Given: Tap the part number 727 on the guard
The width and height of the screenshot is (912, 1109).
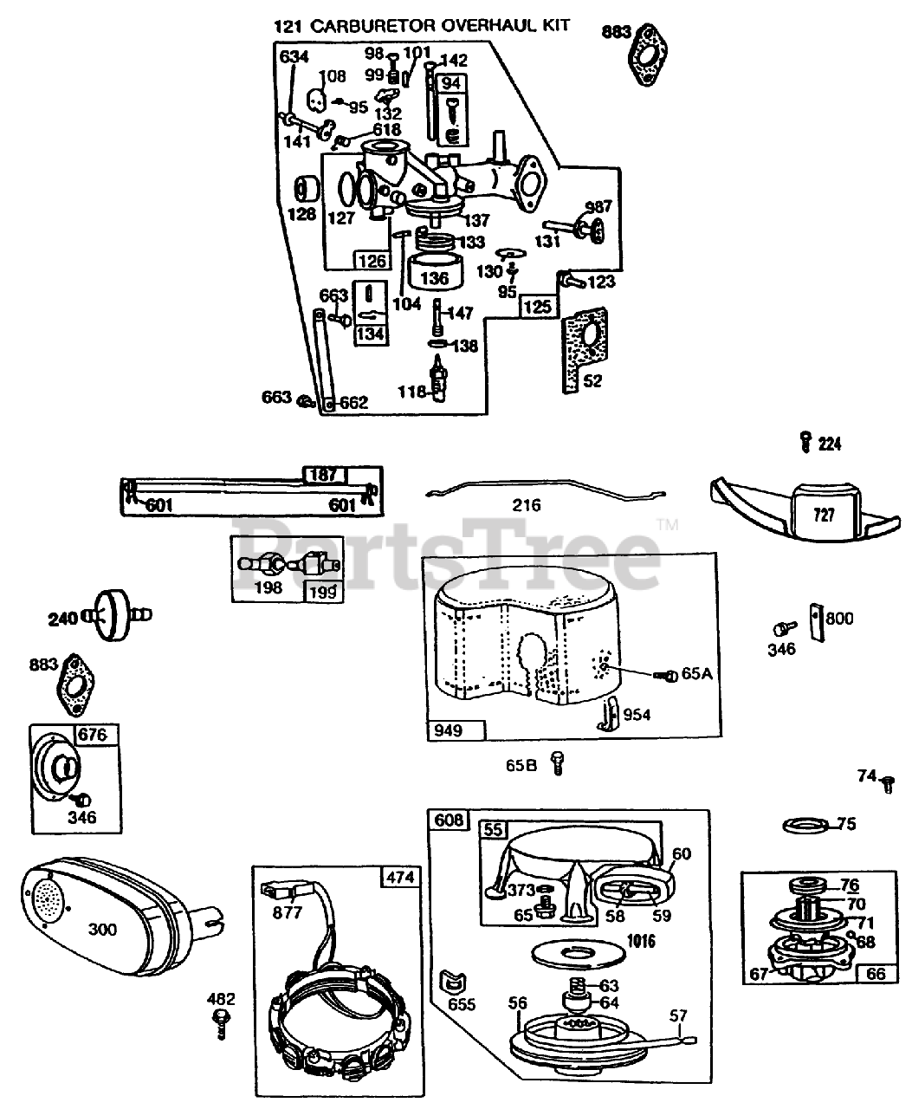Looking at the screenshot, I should coord(824,515).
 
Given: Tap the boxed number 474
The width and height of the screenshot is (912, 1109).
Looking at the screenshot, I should coord(398,877).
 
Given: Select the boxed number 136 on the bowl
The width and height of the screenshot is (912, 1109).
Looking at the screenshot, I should coord(434,278).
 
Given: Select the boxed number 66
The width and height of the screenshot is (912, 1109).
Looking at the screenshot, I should coord(876,973).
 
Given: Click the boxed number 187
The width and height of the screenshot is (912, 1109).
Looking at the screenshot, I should coord(323,474).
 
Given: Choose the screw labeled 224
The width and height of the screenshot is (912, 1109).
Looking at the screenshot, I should coord(805,443).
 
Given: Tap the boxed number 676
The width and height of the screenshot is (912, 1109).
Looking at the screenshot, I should coord(93,736).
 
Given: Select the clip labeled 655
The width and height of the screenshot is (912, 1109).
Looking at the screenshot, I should coord(454,981).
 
